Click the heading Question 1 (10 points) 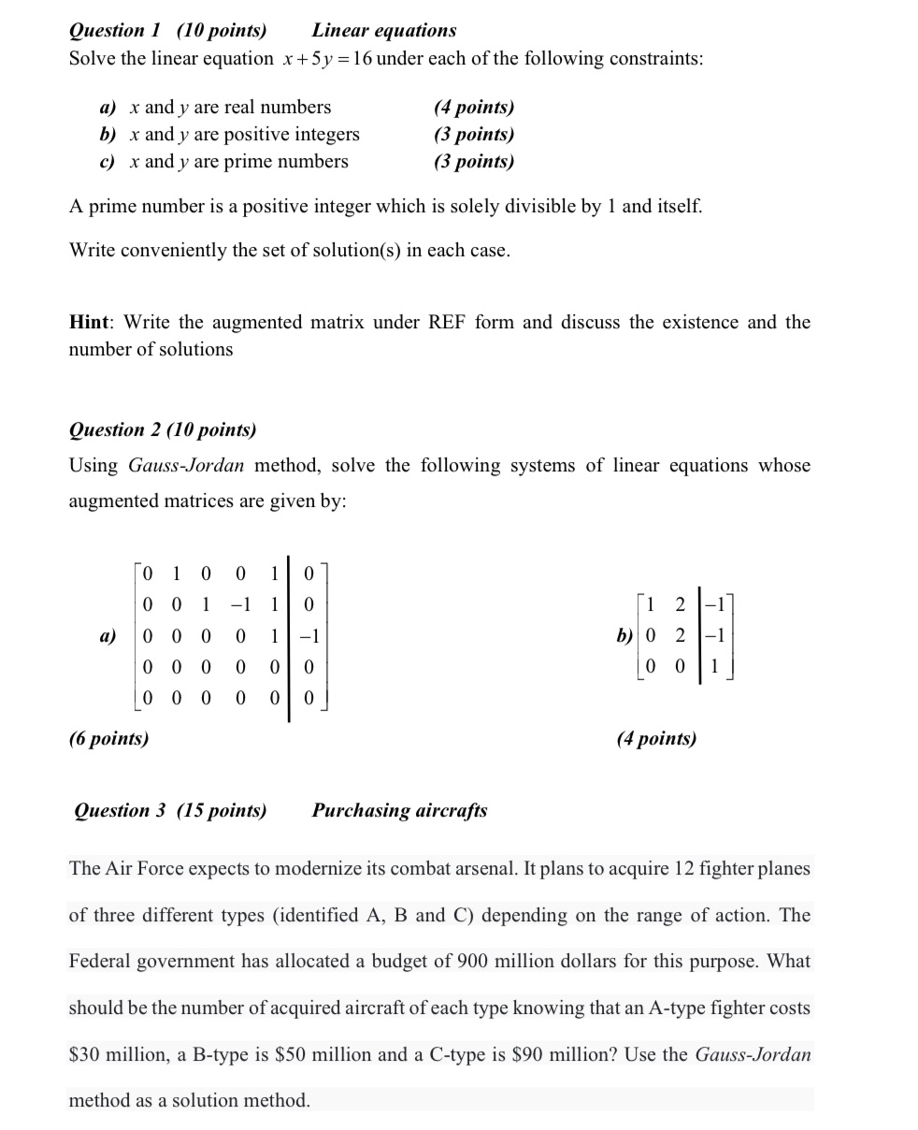click(x=167, y=30)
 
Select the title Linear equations click(x=384, y=30)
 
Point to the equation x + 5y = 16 click(x=325, y=59)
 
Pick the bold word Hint click(x=91, y=323)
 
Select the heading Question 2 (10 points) click(x=163, y=429)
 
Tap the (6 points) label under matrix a click(x=108, y=738)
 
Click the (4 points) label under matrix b click(x=656, y=738)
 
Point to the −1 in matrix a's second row click(x=241, y=604)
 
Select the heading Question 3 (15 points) click(x=170, y=810)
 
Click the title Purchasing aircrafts click(x=399, y=810)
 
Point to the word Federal click(x=102, y=961)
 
